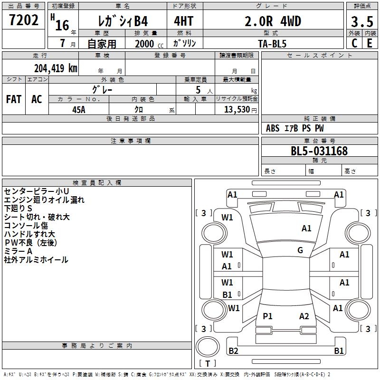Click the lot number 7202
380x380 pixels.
click(x=24, y=20)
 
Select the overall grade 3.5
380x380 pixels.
click(x=362, y=21)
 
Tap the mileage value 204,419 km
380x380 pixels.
click(x=56, y=68)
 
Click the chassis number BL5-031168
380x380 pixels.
click(x=319, y=151)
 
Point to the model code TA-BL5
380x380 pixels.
click(x=272, y=44)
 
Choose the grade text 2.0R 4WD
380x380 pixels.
click(x=273, y=21)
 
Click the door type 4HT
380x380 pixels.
click(x=184, y=21)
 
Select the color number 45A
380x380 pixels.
click(x=79, y=110)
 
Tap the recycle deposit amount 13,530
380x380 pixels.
click(x=237, y=110)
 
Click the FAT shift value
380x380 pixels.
click(x=14, y=99)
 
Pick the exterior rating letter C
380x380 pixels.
click(x=354, y=43)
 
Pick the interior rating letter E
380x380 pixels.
click(x=370, y=43)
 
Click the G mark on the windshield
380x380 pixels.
click(x=300, y=250)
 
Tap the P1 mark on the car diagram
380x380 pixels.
click(x=267, y=316)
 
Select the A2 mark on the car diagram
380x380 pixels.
click(x=304, y=316)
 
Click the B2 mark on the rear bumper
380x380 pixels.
click(x=233, y=351)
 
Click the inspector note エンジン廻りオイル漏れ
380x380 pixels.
click(x=44, y=200)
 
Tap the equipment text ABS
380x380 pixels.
click(x=273, y=128)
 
